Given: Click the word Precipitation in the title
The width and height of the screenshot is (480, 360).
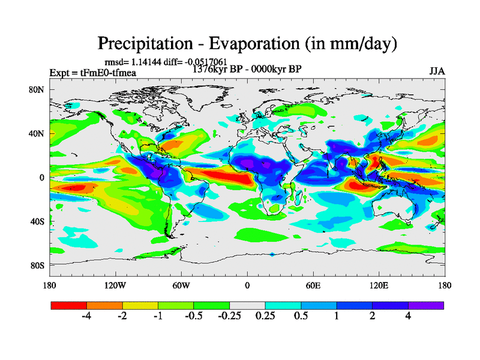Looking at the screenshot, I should click(142, 44).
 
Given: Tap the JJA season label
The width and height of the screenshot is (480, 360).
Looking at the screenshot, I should click(437, 71).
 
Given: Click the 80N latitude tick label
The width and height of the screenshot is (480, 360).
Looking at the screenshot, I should click(38, 90).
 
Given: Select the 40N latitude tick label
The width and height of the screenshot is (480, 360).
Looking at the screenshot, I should click(38, 134).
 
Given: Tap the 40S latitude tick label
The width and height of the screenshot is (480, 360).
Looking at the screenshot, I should click(38, 221).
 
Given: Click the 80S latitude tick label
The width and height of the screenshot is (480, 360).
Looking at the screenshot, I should click(38, 265).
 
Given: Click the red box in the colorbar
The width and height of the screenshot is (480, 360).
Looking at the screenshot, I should click(69, 305).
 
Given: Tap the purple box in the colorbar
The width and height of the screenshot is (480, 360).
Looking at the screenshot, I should click(426, 305).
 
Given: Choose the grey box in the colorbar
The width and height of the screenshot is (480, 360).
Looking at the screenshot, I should click(247, 305).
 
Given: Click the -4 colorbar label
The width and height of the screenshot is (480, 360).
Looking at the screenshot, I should click(86, 316).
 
